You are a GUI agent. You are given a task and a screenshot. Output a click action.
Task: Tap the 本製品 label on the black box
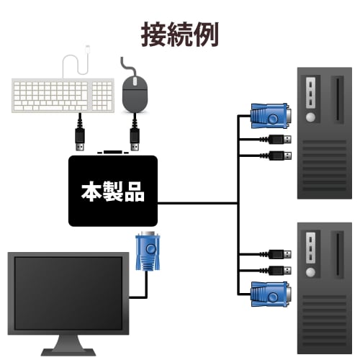pyautogui.click(x=112, y=192)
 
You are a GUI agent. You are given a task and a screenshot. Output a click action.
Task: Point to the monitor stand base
pyautogui.click(x=69, y=351)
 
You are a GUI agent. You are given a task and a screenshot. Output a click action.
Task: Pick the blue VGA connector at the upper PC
pyautogui.click(x=270, y=114)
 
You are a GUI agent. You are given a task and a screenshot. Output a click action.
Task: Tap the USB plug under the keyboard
pyautogui.click(x=81, y=135)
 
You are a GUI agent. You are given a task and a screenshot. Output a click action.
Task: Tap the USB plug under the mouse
pyautogui.click(x=134, y=135)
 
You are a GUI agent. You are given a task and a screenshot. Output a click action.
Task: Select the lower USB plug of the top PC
pyautogui.click(x=282, y=155)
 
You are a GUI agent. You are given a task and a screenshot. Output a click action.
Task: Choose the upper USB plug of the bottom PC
pyautogui.click(x=282, y=253)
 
